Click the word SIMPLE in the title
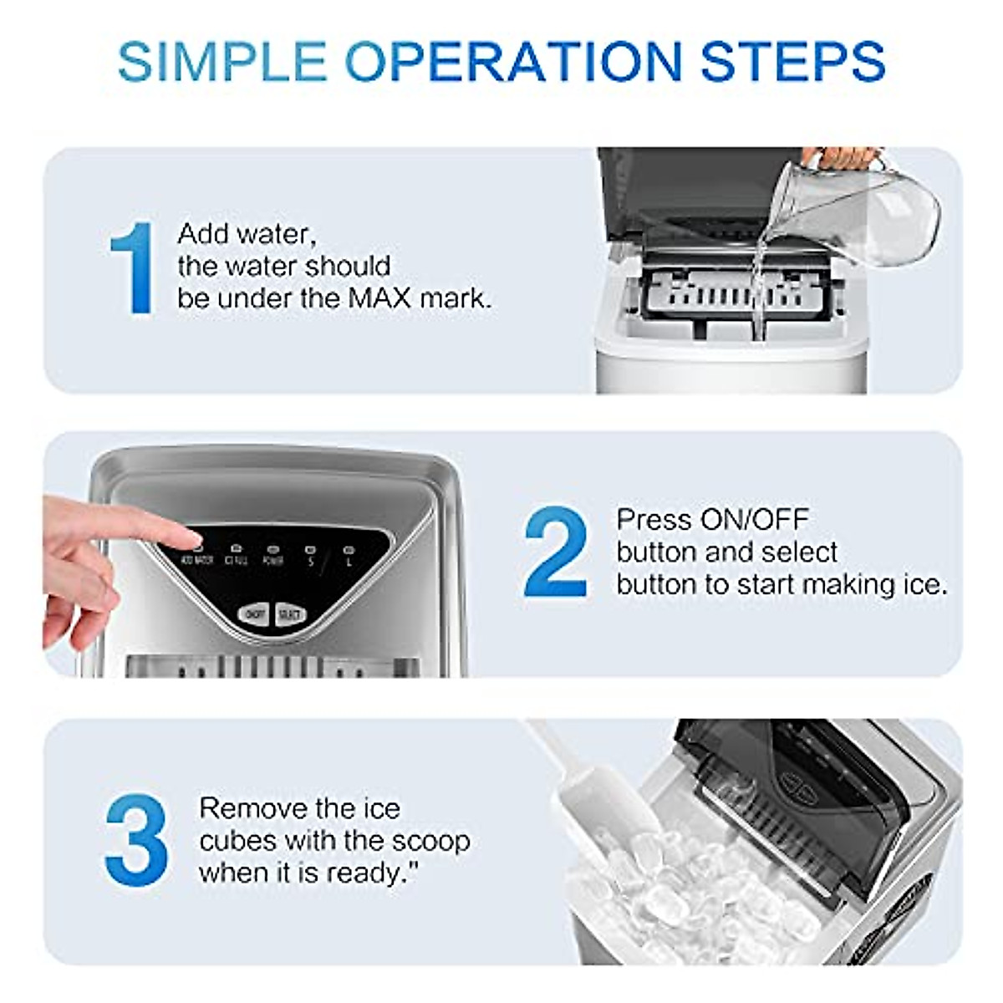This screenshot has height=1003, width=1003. point(222,61)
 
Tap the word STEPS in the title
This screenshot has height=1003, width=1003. point(792,61)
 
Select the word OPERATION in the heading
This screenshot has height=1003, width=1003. point(513,61)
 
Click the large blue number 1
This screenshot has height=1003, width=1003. point(134,268)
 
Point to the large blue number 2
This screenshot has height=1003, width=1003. point(555,552)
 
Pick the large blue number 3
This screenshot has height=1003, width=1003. point(136,841)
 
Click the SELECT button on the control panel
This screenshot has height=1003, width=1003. point(289,615)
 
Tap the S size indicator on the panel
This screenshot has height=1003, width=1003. point(310,558)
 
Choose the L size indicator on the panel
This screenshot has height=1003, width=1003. point(349,558)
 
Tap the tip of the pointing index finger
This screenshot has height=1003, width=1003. point(191,535)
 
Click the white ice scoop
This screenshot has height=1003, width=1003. point(585,802)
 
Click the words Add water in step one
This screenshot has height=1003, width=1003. point(247,234)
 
